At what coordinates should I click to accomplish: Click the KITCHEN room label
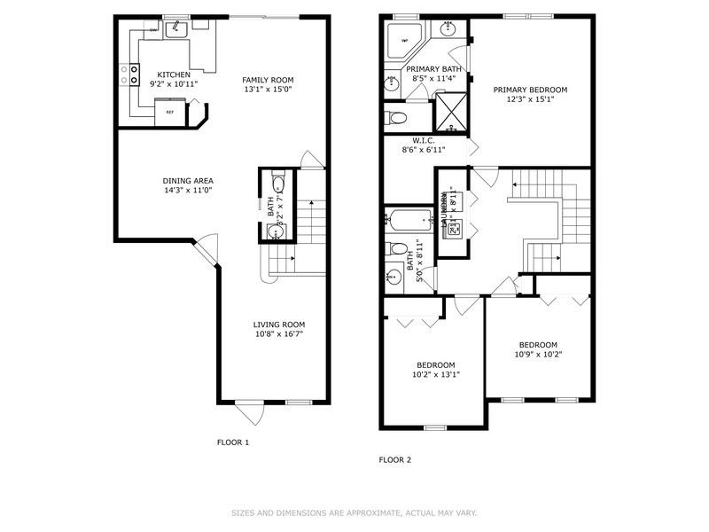[173, 74]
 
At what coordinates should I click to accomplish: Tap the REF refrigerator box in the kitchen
[169, 112]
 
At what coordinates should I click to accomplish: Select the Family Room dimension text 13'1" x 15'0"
[269, 90]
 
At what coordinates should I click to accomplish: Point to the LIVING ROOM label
[279, 325]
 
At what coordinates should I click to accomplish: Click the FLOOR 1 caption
[233, 442]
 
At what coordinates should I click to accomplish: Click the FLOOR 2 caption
[394, 460]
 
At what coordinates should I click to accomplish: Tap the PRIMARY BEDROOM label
[530, 90]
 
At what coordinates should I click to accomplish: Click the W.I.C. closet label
[422, 140]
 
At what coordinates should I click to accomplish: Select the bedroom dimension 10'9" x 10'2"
[538, 355]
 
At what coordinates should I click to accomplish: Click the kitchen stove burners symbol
[135, 73]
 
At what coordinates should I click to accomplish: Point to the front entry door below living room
[249, 411]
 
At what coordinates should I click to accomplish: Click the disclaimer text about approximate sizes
[354, 512]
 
